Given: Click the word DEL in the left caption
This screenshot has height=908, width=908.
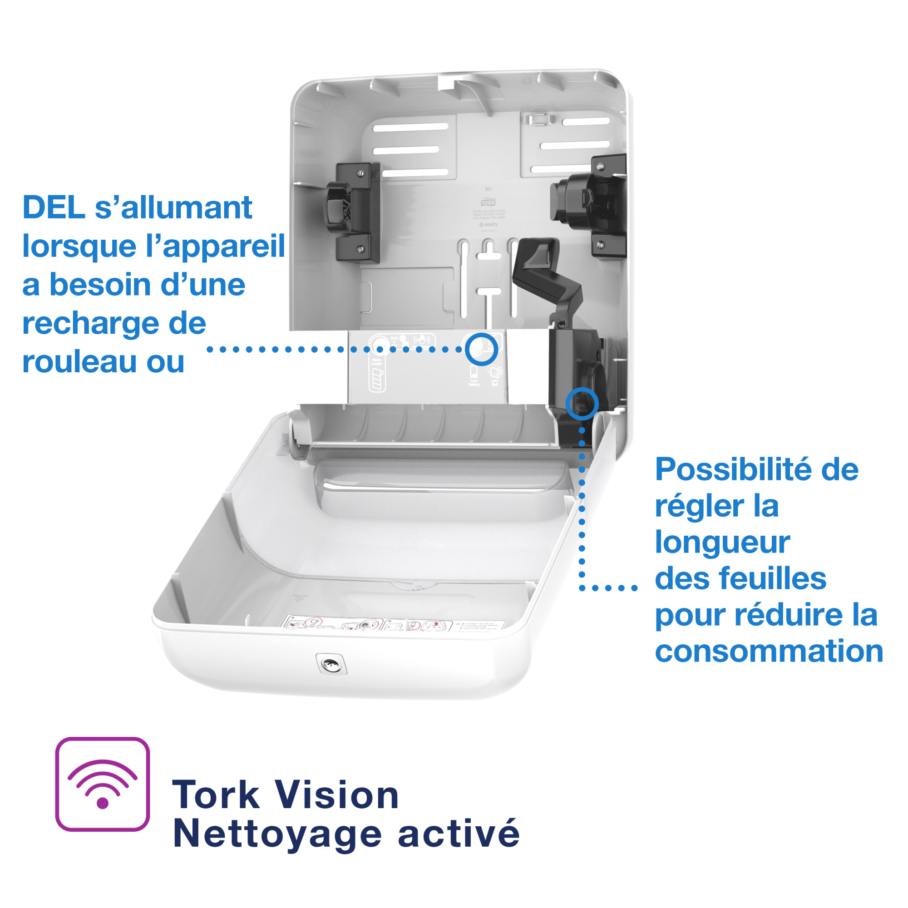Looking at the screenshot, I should pyautogui.click(x=54, y=207).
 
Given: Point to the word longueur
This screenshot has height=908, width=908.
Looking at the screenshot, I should pyautogui.click(x=722, y=543).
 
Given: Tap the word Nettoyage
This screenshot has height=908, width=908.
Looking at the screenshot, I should pyautogui.click(x=277, y=835).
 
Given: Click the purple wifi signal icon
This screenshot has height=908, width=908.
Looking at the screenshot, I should pyautogui.click(x=103, y=785).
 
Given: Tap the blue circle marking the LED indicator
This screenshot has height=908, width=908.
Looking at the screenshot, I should pyautogui.click(x=481, y=349).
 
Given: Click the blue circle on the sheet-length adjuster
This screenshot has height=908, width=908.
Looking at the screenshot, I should pyautogui.click(x=582, y=403).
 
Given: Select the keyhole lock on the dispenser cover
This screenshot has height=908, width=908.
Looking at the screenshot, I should pyautogui.click(x=331, y=664).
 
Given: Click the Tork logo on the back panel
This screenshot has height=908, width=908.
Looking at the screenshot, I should pyautogui.click(x=489, y=203).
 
